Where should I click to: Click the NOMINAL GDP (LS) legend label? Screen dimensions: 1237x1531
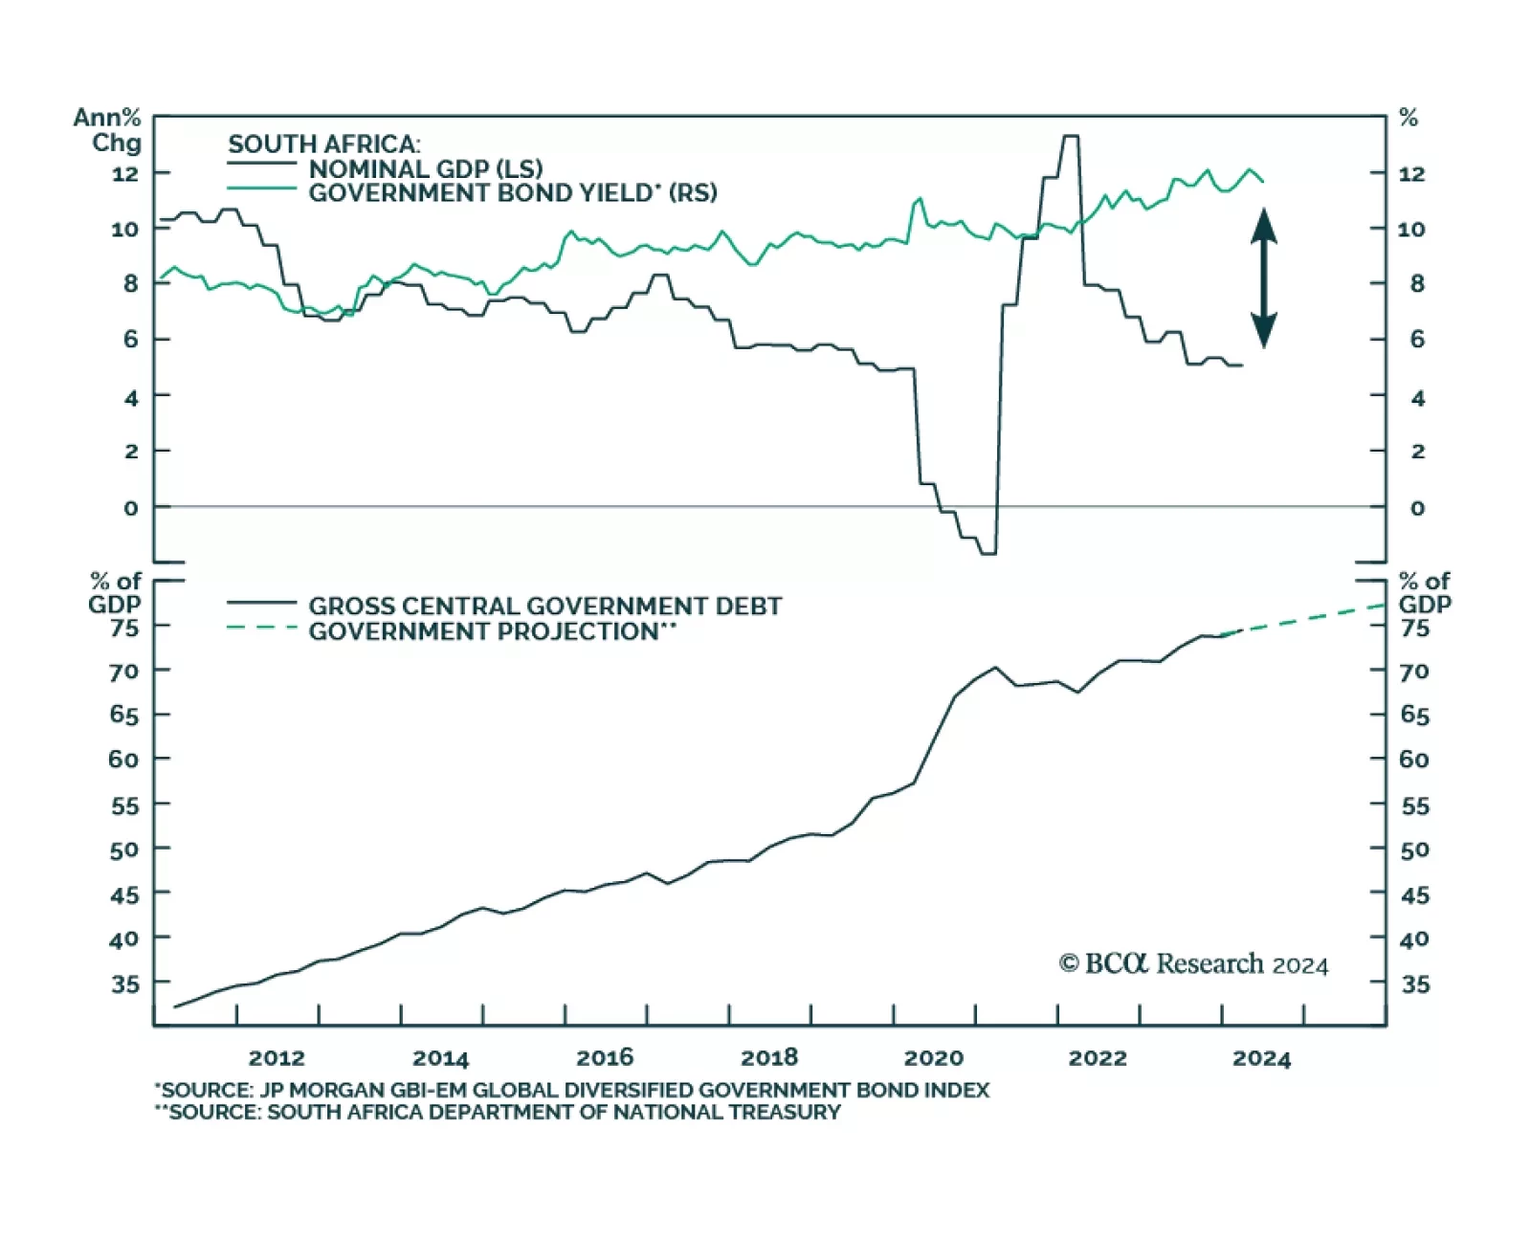point(425,168)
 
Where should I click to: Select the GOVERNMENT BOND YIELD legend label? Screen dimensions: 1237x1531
point(512,193)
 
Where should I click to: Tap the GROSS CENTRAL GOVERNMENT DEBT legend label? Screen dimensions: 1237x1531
point(544,606)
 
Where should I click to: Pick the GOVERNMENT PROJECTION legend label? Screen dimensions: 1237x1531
point(492,631)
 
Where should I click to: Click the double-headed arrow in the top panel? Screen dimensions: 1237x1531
point(1264,277)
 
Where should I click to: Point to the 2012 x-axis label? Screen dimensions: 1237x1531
point(277,1058)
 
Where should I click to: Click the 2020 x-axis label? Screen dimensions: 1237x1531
point(934,1058)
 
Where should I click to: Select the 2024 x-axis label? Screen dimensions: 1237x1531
point(1261,1058)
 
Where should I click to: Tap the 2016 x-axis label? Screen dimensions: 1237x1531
point(605,1058)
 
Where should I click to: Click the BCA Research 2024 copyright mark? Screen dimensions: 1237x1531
point(1193,964)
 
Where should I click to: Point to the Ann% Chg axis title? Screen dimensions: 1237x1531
point(108,130)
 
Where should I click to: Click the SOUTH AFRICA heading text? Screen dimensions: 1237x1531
point(323,144)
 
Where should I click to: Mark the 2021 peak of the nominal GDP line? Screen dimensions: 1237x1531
point(1071,137)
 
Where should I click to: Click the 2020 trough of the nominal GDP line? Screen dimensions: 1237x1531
point(987,553)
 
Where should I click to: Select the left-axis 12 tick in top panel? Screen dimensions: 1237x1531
point(125,174)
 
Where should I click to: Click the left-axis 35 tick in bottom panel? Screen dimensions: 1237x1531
point(124,983)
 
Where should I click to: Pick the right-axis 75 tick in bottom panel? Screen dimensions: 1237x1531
point(1414,629)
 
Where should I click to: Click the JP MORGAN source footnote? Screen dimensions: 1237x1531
point(572,1091)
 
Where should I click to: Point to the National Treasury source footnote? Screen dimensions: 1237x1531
point(498,1113)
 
